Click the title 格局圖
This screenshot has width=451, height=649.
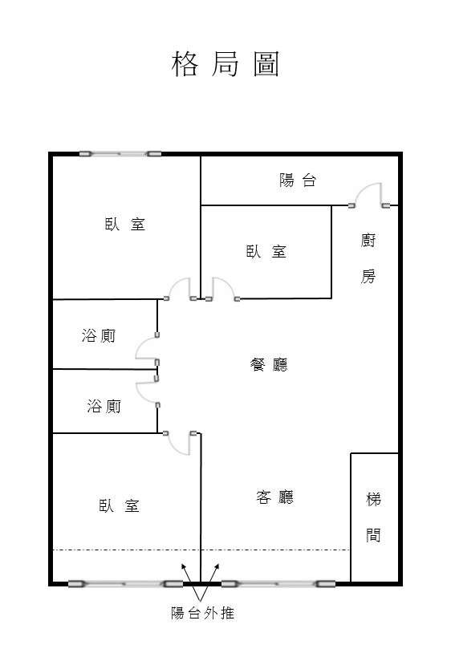pos(225,64)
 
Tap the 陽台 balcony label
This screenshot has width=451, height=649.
pos(298,181)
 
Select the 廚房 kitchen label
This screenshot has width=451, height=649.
pos(368,258)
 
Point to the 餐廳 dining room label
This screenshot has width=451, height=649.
pos(269,365)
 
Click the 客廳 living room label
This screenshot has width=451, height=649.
pos(274,497)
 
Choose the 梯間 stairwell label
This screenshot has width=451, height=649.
pos(373,517)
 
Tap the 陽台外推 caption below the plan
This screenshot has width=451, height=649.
pos(203,613)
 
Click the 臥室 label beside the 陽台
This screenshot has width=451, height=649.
pos(266,251)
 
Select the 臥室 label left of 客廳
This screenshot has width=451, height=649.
pos(120,505)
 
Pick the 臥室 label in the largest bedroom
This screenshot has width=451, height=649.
pos(124,224)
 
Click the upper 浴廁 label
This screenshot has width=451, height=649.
pos(99,335)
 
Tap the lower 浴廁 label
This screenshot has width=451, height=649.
pos(104,406)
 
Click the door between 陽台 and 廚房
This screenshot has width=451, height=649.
pos(369,196)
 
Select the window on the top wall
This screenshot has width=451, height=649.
pos(120,154)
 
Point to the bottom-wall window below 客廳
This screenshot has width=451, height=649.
pos(278,584)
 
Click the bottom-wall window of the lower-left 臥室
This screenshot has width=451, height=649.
pos(125,584)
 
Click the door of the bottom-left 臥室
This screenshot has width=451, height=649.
pos(180,444)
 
